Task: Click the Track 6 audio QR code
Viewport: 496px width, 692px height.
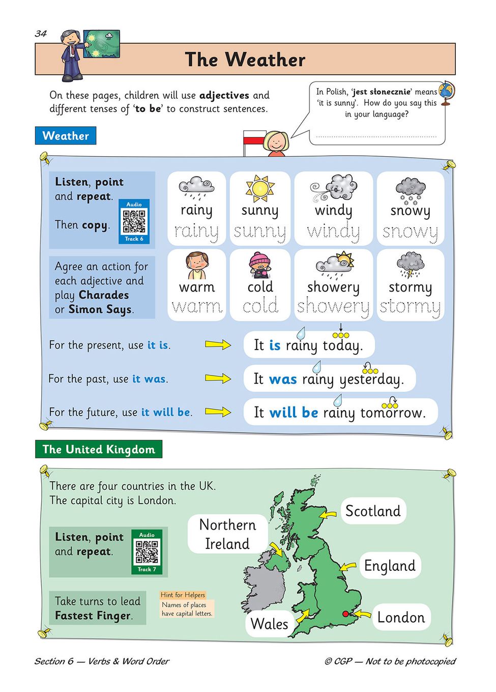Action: coord(134,221)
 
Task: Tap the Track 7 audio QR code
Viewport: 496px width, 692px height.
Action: coord(147,552)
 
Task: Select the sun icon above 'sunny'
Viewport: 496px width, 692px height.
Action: coord(260,188)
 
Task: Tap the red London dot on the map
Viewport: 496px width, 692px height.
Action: coord(346,614)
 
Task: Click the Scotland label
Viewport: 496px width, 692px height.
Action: coord(373,511)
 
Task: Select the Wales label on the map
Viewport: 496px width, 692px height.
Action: coord(270,624)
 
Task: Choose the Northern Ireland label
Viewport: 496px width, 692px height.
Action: coord(227,534)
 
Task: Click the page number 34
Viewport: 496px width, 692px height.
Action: coord(41,34)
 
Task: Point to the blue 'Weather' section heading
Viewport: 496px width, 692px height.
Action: coord(66,136)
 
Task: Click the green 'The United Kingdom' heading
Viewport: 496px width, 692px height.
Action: coord(99,449)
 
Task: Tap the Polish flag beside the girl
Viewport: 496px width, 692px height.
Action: coord(254,139)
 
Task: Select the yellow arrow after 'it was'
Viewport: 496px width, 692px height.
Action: coord(218,378)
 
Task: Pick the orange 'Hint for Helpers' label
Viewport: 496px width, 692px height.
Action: coord(183,595)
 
